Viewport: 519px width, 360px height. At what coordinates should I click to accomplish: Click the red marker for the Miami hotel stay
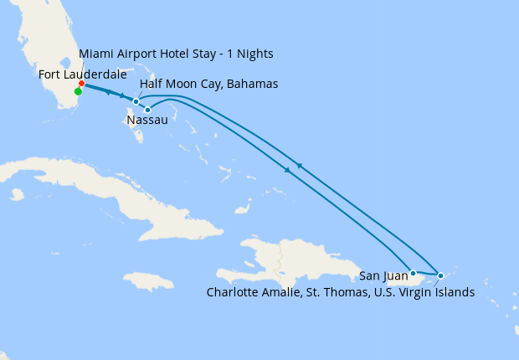tap(81, 84)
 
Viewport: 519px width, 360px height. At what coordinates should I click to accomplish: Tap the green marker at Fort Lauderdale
tap(78, 91)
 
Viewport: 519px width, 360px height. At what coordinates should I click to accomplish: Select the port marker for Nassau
tap(147, 110)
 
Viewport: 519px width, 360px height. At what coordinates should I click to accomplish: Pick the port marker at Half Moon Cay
tap(136, 101)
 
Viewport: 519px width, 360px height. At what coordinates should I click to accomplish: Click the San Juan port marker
tap(413, 273)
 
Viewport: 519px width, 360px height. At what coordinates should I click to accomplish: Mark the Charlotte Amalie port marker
tap(440, 275)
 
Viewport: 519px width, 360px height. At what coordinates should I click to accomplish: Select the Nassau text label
tap(147, 121)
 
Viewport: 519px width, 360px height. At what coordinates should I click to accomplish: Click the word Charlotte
tap(234, 292)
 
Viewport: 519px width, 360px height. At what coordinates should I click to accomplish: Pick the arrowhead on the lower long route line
tap(287, 170)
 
